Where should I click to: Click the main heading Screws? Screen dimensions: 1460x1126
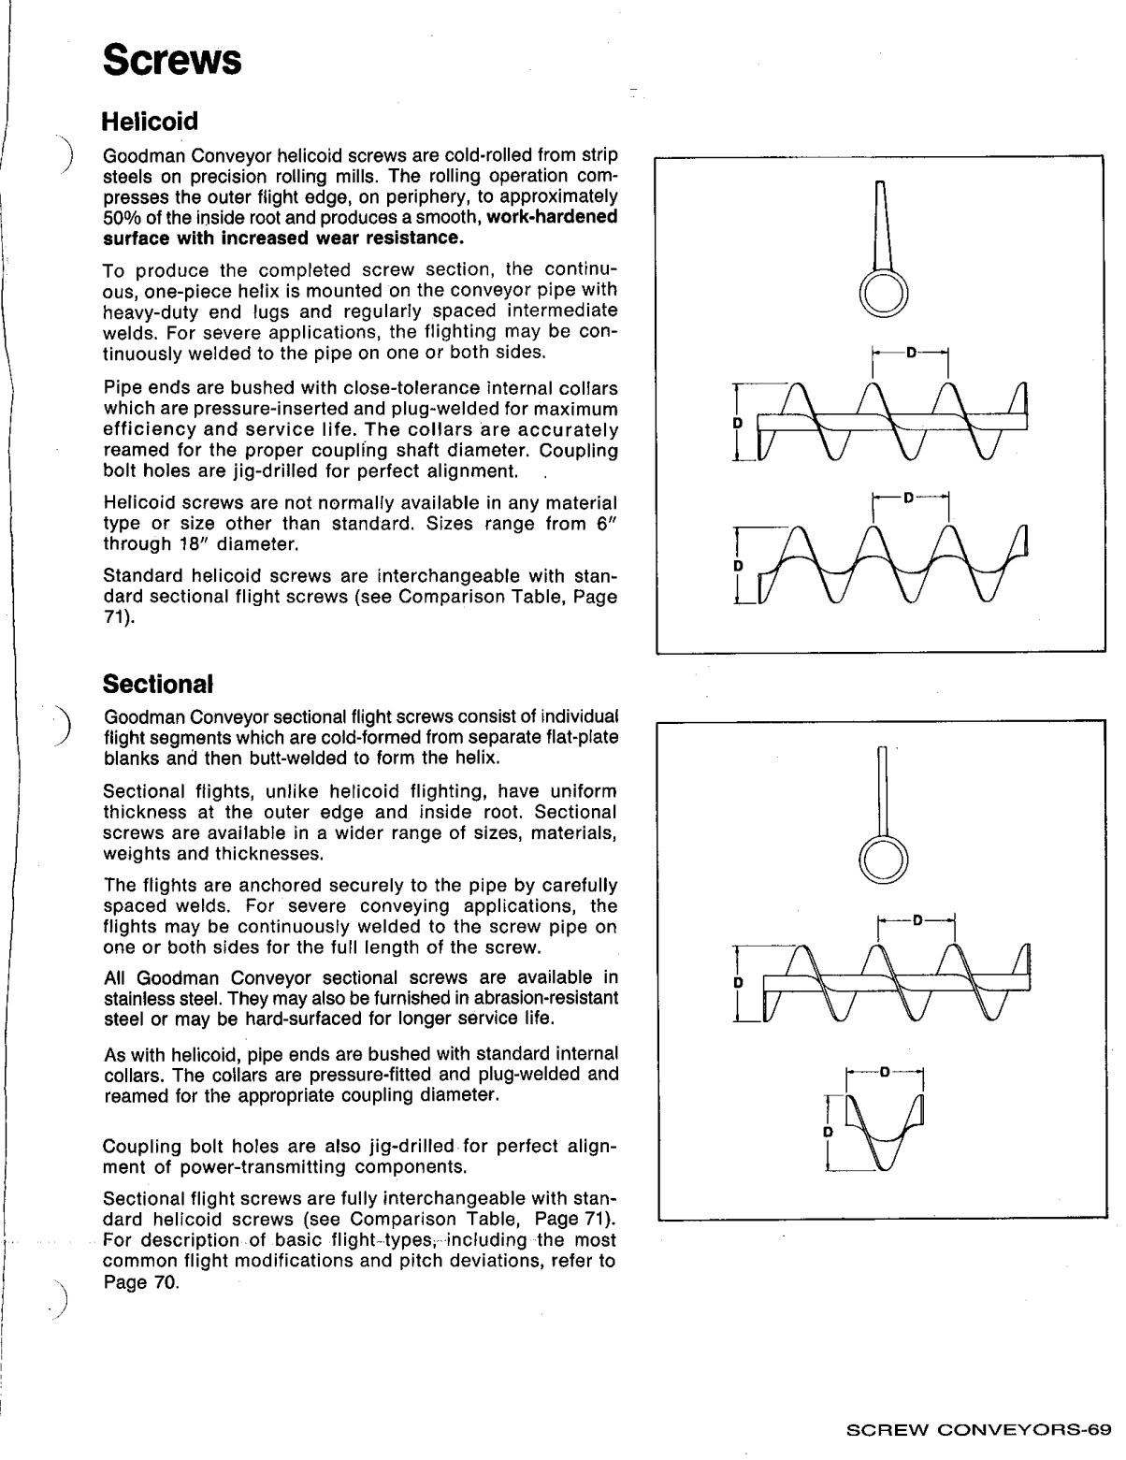(173, 61)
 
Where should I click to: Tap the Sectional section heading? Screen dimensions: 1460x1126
(158, 684)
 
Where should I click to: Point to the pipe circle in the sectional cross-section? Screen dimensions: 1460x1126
(883, 859)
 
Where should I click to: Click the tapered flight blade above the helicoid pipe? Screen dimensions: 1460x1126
(881, 225)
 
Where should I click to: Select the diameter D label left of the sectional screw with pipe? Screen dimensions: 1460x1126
(738, 983)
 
